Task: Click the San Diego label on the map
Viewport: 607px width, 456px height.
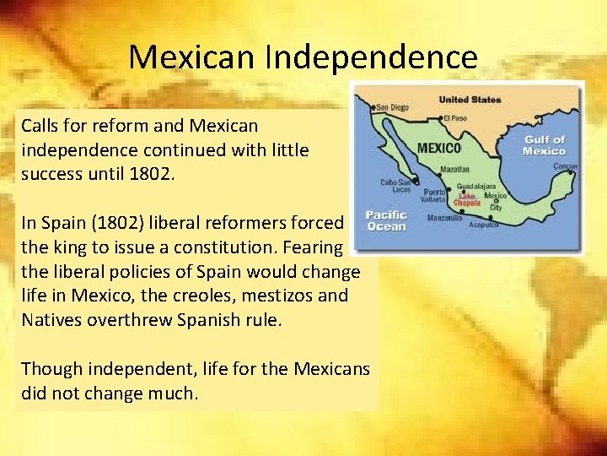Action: [391, 107]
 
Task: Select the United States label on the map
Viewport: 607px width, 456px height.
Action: [470, 100]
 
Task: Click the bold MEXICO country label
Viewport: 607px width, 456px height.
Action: [439, 148]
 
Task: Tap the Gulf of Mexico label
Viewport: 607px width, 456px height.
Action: [544, 145]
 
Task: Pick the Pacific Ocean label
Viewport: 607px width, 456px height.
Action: [386, 221]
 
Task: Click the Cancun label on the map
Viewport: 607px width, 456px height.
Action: [565, 166]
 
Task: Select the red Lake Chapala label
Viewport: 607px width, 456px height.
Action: [466, 199]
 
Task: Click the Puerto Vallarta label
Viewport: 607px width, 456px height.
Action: [434, 196]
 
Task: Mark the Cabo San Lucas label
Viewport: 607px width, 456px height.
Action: [395, 186]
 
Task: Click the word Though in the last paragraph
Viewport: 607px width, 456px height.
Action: [46, 368]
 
